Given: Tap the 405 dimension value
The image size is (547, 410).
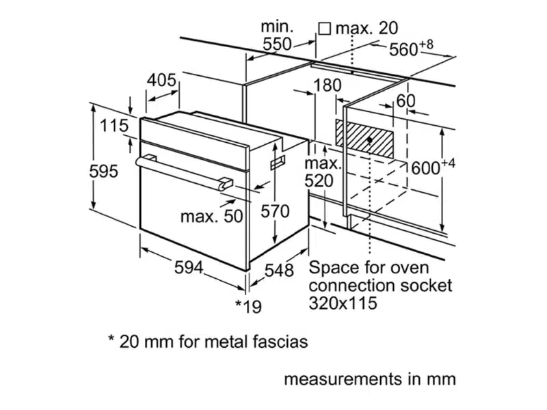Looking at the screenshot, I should pos(162,79).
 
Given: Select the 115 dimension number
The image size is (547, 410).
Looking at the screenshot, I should pos(114,126).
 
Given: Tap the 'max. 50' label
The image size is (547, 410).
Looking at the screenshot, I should pos(211,217).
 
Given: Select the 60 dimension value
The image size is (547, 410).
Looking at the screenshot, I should pos(405,100).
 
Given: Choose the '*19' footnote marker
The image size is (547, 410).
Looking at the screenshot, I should pos(248,307).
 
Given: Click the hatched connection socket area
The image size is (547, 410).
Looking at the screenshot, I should pos(364,141).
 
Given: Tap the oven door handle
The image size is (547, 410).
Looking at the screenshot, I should pos(182,171).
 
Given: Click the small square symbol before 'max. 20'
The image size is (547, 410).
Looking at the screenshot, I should pos(325,28).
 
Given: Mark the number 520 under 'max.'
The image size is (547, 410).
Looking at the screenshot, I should pos(319,180).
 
